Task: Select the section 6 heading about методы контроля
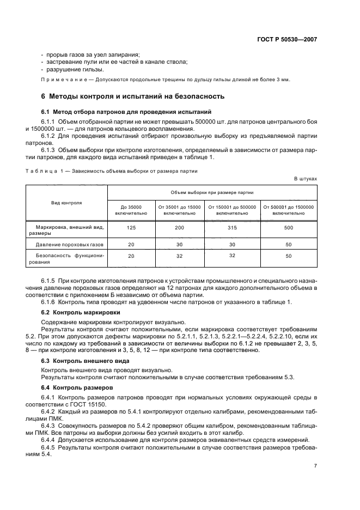tap(133, 96)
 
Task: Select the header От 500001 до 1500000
tap(289, 210)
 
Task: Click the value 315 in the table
tap(233, 229)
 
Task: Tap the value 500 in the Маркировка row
tap(289, 229)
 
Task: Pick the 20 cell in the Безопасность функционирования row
tap(131, 256)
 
